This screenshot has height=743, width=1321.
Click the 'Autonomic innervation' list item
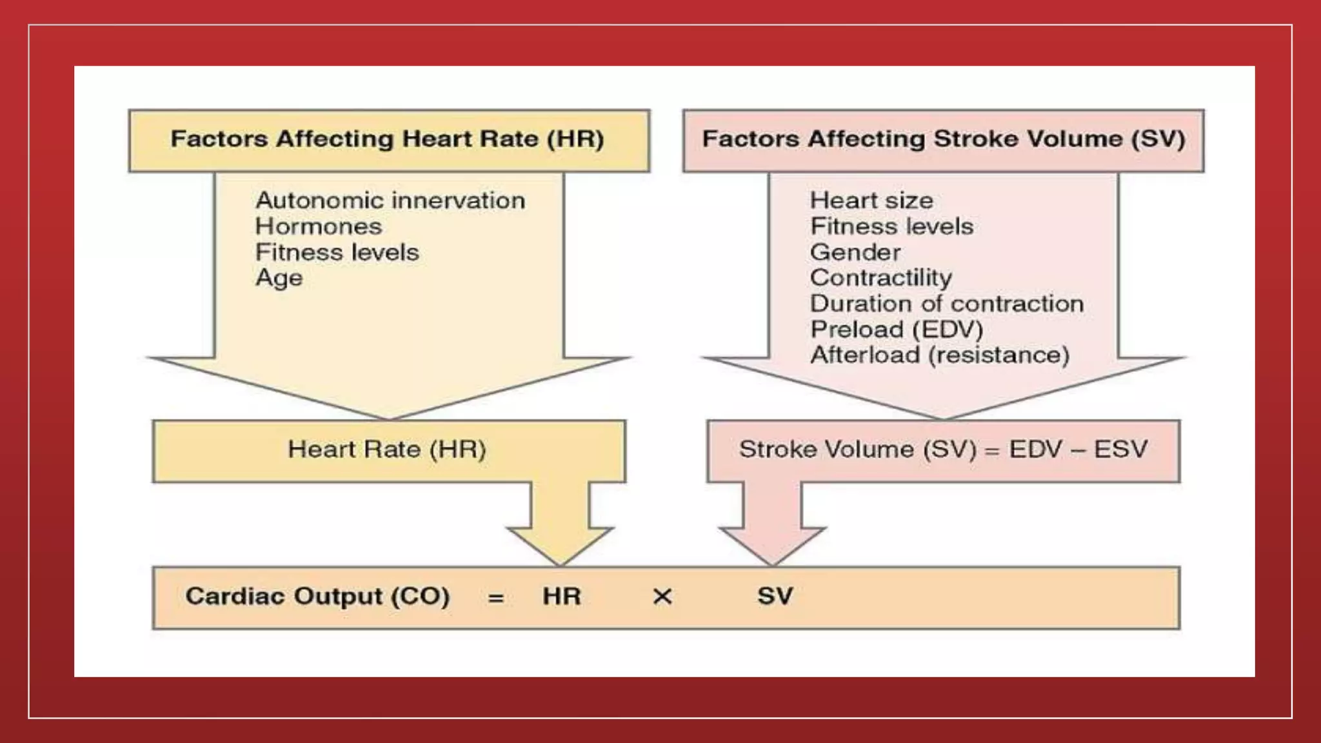point(390,201)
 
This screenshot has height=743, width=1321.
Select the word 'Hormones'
point(319,226)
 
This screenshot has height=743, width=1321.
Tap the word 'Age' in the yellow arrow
point(279,278)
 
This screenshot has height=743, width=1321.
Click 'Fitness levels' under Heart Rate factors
point(337,252)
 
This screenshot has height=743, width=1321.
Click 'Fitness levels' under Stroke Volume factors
point(891,226)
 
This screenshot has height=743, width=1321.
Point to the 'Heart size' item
point(871,201)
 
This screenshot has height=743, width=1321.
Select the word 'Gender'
point(855,252)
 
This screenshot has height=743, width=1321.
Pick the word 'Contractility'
point(881,278)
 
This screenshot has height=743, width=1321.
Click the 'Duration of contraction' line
point(947,304)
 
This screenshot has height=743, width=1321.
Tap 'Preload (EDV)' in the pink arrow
point(897,330)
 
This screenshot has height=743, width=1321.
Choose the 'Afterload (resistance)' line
point(940,355)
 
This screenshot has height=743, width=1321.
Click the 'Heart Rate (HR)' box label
point(387,450)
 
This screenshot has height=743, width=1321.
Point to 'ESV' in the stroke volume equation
point(1121,450)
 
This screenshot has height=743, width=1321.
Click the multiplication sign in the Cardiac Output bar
point(662,597)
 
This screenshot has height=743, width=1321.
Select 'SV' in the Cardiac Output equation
point(775,597)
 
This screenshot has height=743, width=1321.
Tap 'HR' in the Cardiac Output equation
point(561,597)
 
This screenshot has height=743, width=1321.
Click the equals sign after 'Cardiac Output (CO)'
point(495,598)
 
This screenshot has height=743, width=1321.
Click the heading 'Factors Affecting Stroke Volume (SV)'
point(944,139)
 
